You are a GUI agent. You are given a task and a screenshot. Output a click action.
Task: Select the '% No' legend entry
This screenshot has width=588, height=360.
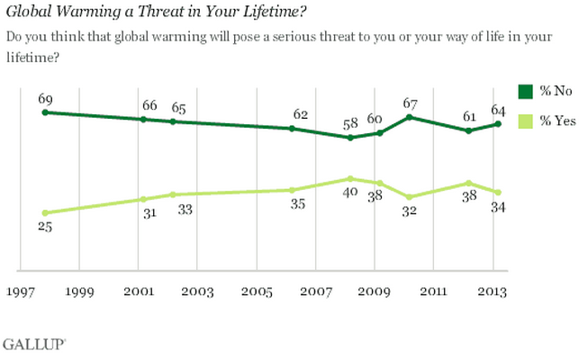click(x=545, y=91)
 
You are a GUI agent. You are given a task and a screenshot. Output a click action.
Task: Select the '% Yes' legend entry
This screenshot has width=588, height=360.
click(x=545, y=121)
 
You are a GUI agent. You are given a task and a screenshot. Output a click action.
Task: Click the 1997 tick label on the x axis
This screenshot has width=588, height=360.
click(x=20, y=292)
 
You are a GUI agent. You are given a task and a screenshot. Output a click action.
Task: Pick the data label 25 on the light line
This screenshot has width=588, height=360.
click(x=45, y=228)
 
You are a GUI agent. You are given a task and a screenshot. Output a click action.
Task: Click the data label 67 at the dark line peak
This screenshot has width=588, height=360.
click(x=410, y=101)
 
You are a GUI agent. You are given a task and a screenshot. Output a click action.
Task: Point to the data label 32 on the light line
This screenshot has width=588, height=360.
click(x=410, y=212)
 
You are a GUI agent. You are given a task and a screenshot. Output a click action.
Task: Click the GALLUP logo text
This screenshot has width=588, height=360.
click(x=27, y=345)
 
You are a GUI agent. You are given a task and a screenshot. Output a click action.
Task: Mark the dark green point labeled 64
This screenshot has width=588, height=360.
click(x=498, y=123)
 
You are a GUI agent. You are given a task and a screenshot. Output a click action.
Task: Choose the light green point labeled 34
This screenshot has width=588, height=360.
click(x=498, y=192)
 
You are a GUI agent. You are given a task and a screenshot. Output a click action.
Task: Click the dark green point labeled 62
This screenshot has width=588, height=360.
click(x=292, y=129)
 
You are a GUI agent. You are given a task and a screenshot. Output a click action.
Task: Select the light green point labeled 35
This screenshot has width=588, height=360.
click(x=292, y=190)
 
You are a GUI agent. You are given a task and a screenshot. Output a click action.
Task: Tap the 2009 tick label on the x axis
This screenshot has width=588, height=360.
click(x=375, y=292)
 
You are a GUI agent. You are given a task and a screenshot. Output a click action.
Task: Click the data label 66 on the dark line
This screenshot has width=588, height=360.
click(x=142, y=103)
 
